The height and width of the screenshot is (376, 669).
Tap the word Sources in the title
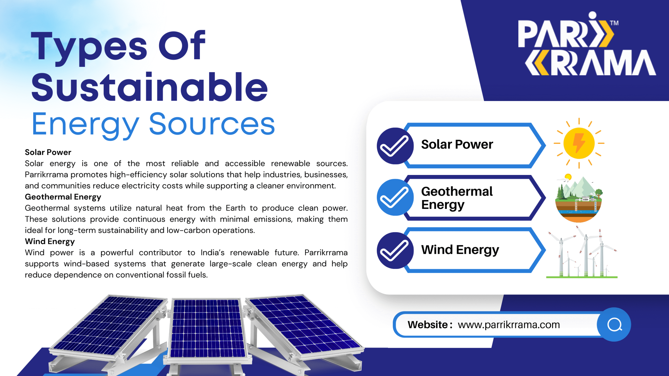[x=212, y=124]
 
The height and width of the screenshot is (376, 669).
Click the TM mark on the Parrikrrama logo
[x=614, y=23]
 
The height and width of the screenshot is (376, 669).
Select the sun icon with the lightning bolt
[x=579, y=143]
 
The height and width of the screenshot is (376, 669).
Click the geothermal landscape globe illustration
[x=579, y=198]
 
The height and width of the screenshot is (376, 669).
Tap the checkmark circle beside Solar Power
[x=395, y=146]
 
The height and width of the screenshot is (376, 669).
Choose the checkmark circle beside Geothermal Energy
[x=395, y=197]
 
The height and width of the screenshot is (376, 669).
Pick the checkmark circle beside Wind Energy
[x=395, y=250]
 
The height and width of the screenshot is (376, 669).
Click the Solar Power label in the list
[x=457, y=144]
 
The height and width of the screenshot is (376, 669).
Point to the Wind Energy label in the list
[x=460, y=250]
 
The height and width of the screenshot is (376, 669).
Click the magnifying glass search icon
[x=615, y=325]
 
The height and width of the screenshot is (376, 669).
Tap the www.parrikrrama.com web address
[x=509, y=325]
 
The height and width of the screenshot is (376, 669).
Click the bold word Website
[x=428, y=325]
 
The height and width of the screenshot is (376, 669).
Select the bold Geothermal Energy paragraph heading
[x=63, y=197]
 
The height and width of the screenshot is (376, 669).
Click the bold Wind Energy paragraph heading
[x=50, y=242]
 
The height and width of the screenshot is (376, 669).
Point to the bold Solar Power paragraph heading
[x=48, y=152]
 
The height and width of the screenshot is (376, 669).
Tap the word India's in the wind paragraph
[x=212, y=252]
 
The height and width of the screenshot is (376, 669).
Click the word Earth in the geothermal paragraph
[x=235, y=208]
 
